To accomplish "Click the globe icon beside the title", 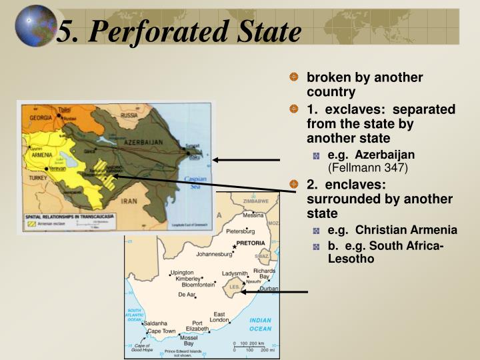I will pyautogui.click(x=34, y=27).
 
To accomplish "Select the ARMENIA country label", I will pyautogui.click(x=42, y=155).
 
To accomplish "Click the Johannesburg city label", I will pyautogui.click(x=214, y=254).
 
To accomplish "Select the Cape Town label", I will pyautogui.click(x=161, y=331).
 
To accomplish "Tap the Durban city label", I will pyautogui.click(x=269, y=289).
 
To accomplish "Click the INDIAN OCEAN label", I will pyautogui.click(x=260, y=325).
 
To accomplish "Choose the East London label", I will pyautogui.click(x=219, y=318).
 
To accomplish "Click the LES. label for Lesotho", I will pyautogui.click(x=235, y=287).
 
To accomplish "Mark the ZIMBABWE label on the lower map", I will pyautogui.click(x=255, y=201).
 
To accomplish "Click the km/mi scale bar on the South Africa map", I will pyautogui.click(x=251, y=346).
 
